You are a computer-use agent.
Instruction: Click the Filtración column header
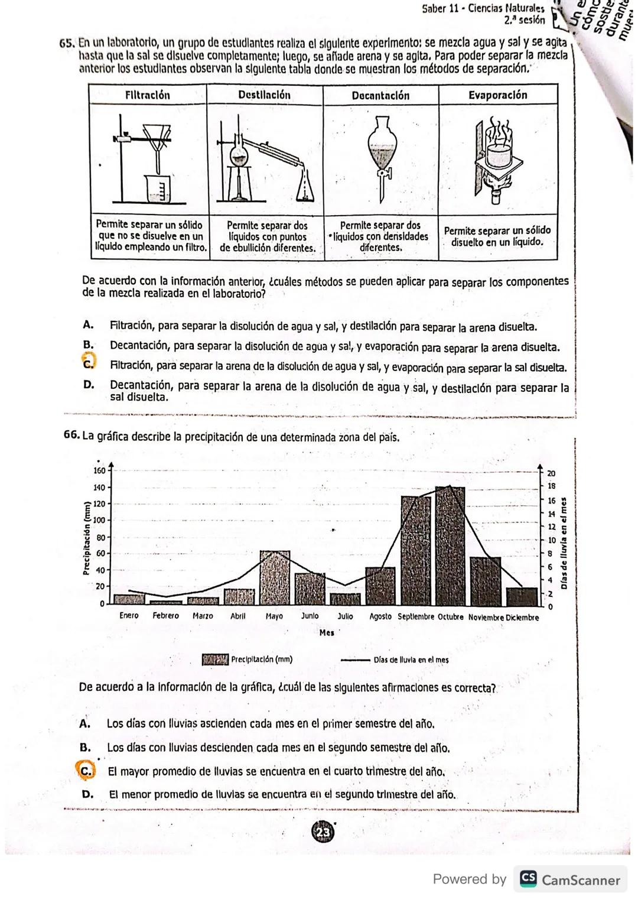tap(148, 95)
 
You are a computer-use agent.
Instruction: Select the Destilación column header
tap(264, 95)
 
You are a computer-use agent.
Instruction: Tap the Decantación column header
tap(380, 96)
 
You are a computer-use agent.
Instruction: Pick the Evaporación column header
tap(497, 95)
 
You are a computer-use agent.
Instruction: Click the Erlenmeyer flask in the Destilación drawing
tap(305, 186)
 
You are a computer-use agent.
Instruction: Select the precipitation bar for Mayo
tap(275, 577)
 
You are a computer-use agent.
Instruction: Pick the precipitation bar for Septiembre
tap(415, 550)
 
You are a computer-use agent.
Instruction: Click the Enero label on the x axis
tap(129, 616)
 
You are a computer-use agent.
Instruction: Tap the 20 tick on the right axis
tap(551, 473)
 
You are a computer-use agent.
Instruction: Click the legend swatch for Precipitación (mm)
tap(215, 660)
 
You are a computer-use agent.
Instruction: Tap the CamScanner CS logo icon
tap(527, 879)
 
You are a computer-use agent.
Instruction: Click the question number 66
tap(71, 436)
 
